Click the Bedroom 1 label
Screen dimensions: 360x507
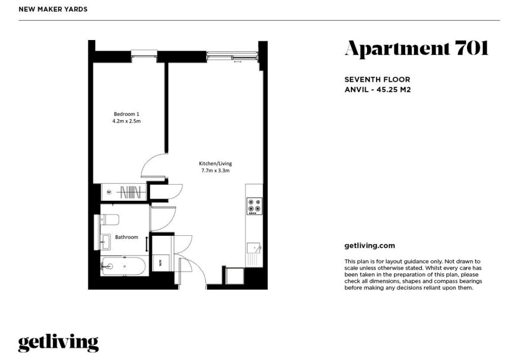[x=126, y=114]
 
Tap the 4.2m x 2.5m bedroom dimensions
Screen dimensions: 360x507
[x=126, y=122]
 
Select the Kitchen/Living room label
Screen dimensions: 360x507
[x=215, y=163]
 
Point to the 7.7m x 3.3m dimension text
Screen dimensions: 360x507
[x=215, y=171]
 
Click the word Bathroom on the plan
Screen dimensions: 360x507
[x=126, y=237]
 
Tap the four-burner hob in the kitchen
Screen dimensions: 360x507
[x=254, y=205]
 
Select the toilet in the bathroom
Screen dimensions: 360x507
[x=110, y=219]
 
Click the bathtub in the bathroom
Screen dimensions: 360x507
[x=124, y=265]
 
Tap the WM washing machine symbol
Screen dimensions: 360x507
[x=161, y=263]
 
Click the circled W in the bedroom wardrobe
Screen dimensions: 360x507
[x=109, y=192]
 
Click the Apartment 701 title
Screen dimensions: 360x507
[x=416, y=49]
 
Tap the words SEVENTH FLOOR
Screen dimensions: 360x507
[x=377, y=80]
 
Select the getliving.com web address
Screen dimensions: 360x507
[x=370, y=245]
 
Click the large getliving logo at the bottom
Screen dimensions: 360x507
[x=58, y=343]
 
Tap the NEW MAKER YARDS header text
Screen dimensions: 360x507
[x=53, y=9]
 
